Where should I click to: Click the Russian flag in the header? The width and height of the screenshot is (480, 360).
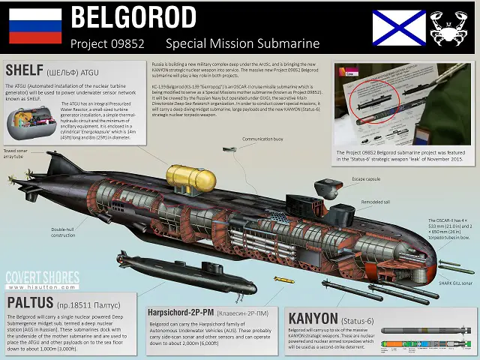coord(35,26)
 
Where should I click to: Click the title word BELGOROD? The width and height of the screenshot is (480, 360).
coord(133,16)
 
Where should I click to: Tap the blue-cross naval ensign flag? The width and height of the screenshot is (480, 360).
coord(398,28)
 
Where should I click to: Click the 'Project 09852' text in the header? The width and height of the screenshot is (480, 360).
coord(106,43)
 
